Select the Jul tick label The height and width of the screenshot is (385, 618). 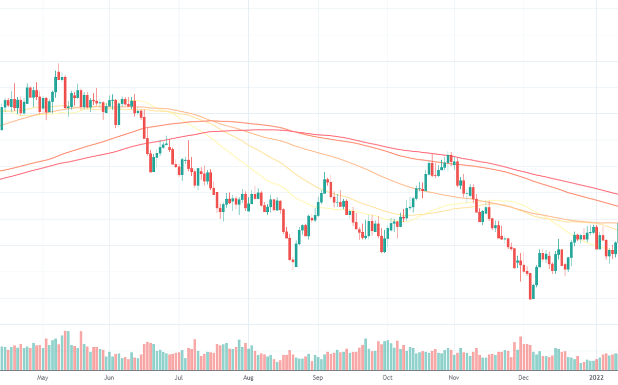[178, 377]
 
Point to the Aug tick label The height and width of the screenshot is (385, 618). [248, 377]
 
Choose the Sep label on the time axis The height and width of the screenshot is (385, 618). [318, 377]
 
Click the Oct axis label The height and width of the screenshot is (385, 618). [387, 377]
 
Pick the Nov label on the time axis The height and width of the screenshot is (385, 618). [454, 377]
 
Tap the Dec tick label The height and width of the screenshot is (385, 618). [523, 377]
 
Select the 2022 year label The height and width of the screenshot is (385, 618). [597, 377]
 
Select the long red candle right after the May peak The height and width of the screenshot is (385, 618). [65, 92]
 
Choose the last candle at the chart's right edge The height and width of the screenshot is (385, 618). [616, 239]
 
